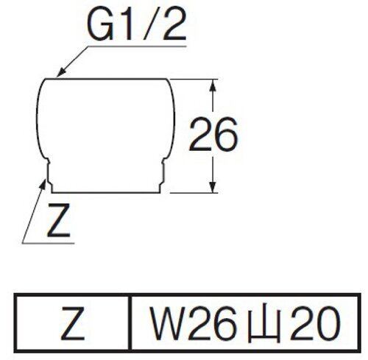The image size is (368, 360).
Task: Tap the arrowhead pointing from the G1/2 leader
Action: tap(61, 72)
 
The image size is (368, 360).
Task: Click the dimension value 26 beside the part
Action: tap(213, 134)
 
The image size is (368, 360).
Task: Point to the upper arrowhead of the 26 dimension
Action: tap(213, 85)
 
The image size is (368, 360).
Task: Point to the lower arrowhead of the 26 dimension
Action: tap(213, 187)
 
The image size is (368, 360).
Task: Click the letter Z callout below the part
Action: tap(59, 222)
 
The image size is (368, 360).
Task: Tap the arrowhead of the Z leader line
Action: tap(43, 184)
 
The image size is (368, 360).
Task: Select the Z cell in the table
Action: tap(73, 323)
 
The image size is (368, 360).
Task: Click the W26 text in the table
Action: tap(194, 323)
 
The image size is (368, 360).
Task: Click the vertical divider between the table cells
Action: tap(130, 323)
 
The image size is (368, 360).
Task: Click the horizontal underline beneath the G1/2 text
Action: tap(137, 46)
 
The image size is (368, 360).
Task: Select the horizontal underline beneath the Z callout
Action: tap(48, 243)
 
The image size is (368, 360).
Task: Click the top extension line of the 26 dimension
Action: tap(194, 80)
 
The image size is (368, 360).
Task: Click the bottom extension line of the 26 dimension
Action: tap(194, 193)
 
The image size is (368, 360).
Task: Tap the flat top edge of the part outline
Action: tap(106, 79)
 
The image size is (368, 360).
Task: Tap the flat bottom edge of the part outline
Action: tap(106, 193)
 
